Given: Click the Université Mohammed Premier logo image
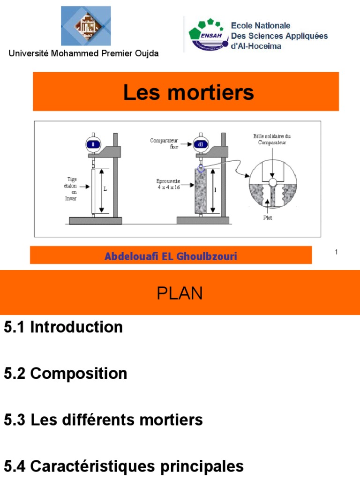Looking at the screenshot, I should click(86, 26).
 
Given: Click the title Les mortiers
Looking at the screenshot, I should click(188, 92).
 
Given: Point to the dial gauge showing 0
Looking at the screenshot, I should click(93, 144).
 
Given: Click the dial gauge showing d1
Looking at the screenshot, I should click(200, 144).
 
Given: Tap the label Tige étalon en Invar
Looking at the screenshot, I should click(71, 188).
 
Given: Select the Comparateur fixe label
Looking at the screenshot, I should click(164, 143).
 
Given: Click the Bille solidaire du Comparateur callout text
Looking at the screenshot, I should click(272, 139).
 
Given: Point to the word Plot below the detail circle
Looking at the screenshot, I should click(268, 217).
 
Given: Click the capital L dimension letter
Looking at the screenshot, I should click(105, 189).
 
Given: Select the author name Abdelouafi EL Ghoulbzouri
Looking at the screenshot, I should click(171, 256).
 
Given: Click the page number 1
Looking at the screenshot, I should click(336, 253).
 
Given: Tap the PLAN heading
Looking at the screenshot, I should click(180, 293).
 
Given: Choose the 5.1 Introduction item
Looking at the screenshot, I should click(63, 327).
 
